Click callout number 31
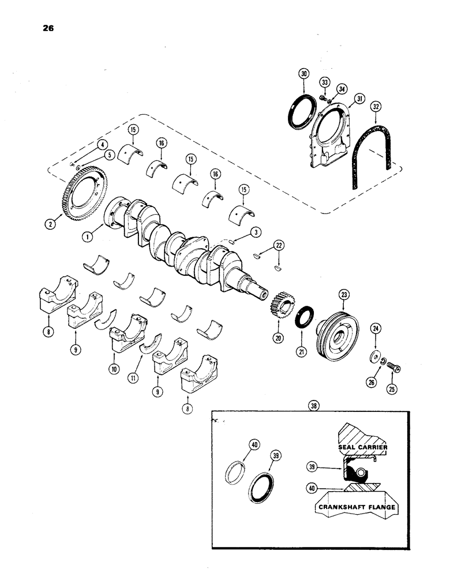tap(358, 99)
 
